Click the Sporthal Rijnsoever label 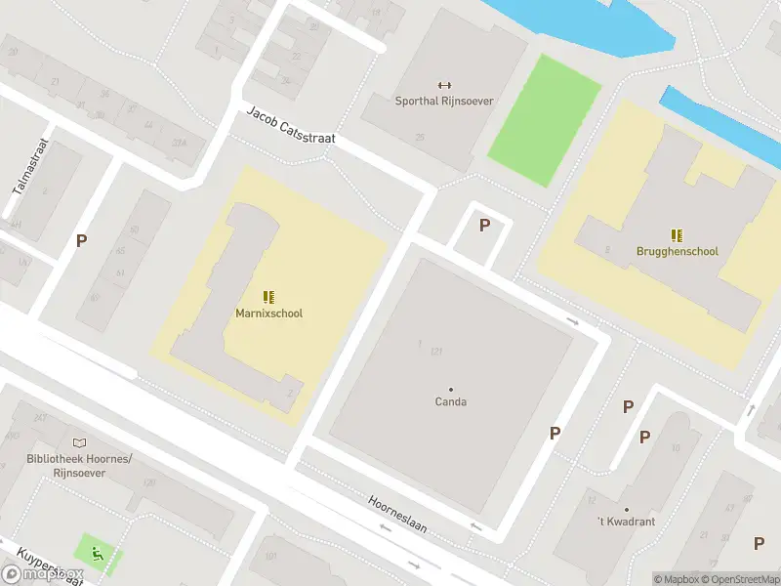pos(444,101)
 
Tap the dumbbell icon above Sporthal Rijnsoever pos(445,85)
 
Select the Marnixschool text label pos(268,314)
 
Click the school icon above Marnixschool pos(268,297)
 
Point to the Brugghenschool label pos(677,251)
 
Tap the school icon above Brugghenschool pos(677,234)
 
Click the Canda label pos(450,401)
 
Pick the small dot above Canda pos(450,389)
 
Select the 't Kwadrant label pos(626,522)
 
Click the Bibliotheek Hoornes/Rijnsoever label pos(79,466)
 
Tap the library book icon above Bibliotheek pos(78,443)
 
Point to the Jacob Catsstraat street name pos(290,125)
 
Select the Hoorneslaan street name pos(397,515)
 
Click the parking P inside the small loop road pos(484,226)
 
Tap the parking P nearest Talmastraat pos(82,240)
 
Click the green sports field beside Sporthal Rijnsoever pos(543,119)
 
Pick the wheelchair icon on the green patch pos(98,554)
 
